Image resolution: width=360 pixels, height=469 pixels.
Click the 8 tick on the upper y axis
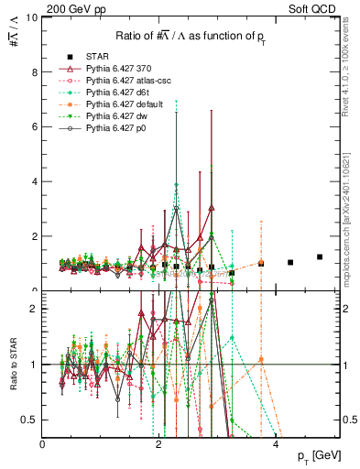(x=35, y=71)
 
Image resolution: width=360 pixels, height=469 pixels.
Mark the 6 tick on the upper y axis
(x=35, y=126)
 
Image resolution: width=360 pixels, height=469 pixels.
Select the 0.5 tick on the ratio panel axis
(x=30, y=419)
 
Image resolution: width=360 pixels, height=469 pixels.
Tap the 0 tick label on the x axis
(x=43, y=444)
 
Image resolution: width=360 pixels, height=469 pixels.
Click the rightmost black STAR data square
(x=320, y=257)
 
